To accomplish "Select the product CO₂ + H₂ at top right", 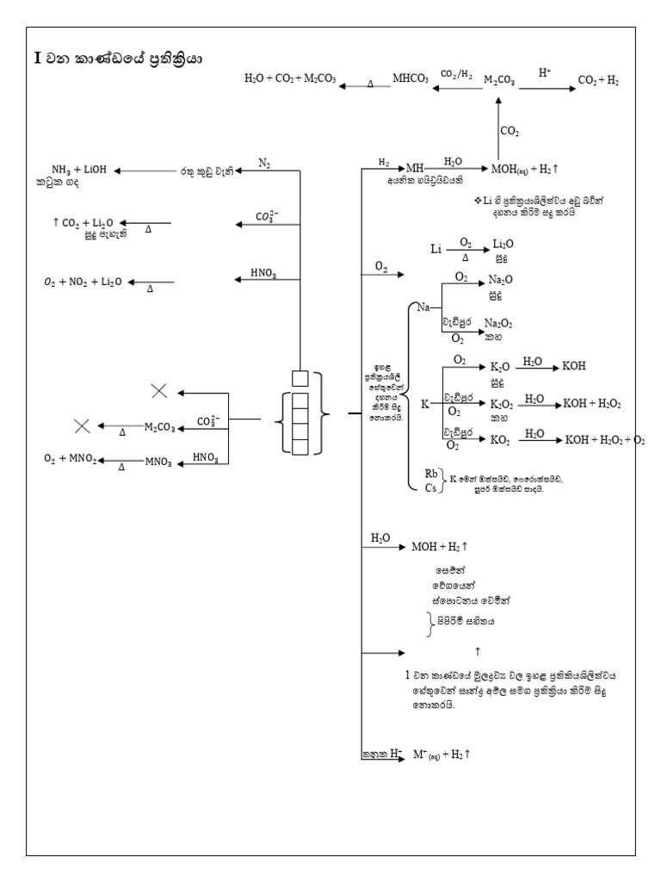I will pyautogui.click(x=599, y=80).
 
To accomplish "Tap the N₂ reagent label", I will pyautogui.click(x=264, y=163).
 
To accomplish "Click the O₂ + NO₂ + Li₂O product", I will pyautogui.click(x=83, y=282).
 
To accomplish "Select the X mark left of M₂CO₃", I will pyautogui.click(x=83, y=425).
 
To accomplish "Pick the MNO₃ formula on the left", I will pyautogui.click(x=158, y=462).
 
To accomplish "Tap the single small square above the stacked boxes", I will pyautogui.click(x=300, y=377).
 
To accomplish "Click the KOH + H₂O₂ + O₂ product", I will pyautogui.click(x=604, y=438).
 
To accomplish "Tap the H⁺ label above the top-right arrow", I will pyautogui.click(x=546, y=72).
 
